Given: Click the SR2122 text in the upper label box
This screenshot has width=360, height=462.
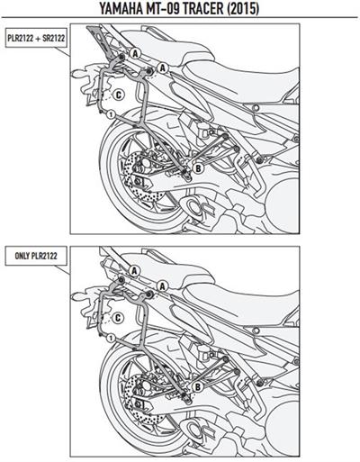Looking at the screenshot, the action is point(53,38).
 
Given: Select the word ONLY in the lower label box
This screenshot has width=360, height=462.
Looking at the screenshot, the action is point(22,256).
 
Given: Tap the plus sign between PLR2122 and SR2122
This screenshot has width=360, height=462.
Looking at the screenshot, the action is point(38,39).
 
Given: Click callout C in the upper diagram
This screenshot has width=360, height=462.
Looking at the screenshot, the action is point(118,95).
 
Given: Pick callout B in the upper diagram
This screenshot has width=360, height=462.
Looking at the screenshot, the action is point(198,168).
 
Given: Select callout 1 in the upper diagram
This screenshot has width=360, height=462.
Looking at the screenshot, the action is point(111,114).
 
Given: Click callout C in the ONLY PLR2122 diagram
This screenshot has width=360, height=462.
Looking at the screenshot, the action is point(118,318).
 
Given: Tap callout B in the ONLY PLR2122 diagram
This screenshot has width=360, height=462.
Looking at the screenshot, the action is point(198,387).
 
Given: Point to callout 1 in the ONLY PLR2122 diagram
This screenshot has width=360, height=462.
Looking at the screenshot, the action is point(111,339).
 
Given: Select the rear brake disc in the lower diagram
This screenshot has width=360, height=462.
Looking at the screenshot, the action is point(141,397).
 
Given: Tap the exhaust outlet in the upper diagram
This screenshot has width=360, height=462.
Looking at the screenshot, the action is point(193,208).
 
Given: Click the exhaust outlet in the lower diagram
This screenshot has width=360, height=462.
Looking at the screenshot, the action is point(193,430).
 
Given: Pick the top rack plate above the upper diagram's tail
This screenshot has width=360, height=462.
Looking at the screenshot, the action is point(100,40).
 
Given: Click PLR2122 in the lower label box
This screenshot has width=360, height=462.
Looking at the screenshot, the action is point(44,256).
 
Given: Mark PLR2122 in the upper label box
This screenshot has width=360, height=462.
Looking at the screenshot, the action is point(21,38).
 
